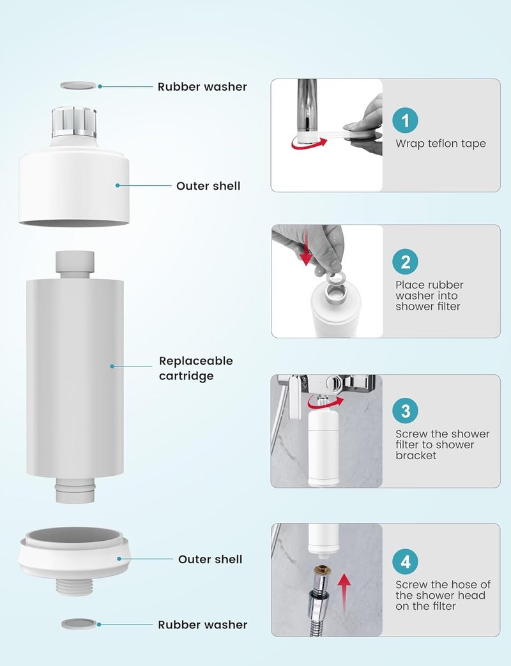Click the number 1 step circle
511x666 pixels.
pyautogui.click(x=405, y=120)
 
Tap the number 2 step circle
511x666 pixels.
pyautogui.click(x=405, y=262)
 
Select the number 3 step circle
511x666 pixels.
pyautogui.click(x=405, y=411)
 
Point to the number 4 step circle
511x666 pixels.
pyautogui.click(x=405, y=561)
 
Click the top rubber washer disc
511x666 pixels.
pyautogui.click(x=78, y=86)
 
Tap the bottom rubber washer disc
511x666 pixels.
pyautogui.click(x=79, y=624)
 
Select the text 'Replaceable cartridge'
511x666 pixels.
pyautogui.click(x=196, y=368)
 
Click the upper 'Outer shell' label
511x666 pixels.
pyautogui.click(x=208, y=186)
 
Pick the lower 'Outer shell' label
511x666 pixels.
pyautogui.click(x=210, y=559)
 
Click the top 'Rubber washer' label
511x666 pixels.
pyautogui.click(x=202, y=87)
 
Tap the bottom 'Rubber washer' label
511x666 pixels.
pyautogui.click(x=202, y=624)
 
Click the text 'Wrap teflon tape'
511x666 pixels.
pyautogui.click(x=441, y=144)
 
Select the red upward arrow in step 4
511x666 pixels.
pyautogui.click(x=344, y=592)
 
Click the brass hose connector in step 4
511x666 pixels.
pyautogui.click(x=322, y=571)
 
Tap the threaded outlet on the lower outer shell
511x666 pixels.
pyautogui.click(x=75, y=586)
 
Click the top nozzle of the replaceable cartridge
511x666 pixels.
pyautogui.click(x=75, y=264)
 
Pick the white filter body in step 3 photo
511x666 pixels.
pyautogui.click(x=323, y=448)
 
